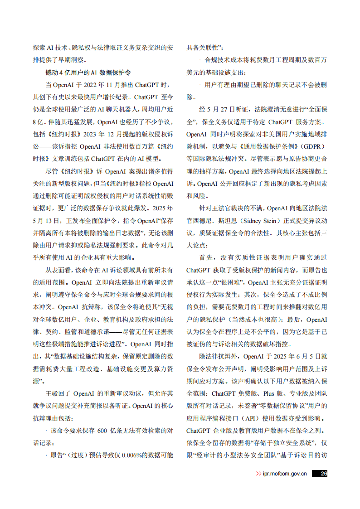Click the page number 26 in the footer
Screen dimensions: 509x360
[x=323, y=474]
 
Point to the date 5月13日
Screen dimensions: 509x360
[x=47, y=221]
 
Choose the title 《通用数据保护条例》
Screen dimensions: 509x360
[x=264, y=146]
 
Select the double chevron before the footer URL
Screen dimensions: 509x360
[x=258, y=474]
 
